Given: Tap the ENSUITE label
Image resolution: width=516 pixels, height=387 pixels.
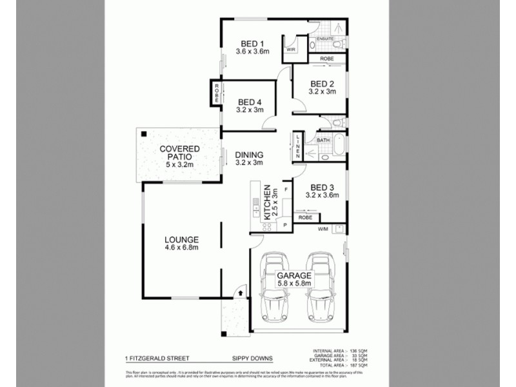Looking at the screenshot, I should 325,39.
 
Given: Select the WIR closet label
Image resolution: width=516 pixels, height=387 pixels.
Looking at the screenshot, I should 291,48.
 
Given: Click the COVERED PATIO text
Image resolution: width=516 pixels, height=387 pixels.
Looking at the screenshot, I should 180,154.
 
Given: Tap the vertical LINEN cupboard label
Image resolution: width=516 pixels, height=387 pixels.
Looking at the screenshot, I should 298,147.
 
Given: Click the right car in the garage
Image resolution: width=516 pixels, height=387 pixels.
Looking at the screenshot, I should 321,286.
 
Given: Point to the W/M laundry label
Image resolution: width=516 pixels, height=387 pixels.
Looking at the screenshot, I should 322,228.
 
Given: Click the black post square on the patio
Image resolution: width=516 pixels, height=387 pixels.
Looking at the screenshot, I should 143,134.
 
